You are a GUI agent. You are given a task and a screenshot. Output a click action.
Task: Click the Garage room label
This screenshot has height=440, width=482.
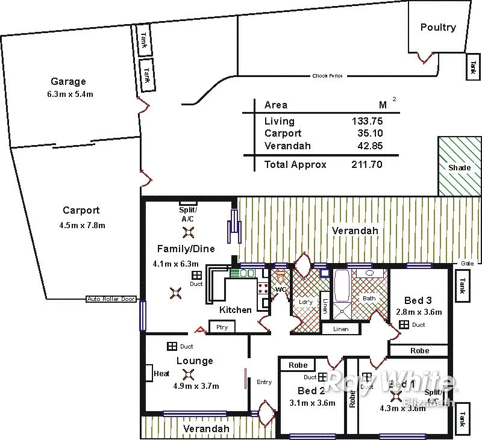coord(68,81)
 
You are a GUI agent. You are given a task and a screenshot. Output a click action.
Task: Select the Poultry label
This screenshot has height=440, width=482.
coord(438,27)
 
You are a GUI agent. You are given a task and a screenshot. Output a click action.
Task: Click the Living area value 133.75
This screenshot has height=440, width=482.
coord(368,121)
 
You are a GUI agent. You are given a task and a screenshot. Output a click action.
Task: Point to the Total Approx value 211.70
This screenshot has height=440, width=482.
coord(368,164)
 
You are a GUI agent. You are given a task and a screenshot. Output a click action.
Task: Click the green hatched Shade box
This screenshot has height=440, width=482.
coord(460,167)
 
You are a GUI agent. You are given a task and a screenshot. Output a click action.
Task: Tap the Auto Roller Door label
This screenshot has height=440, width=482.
coord(111,299)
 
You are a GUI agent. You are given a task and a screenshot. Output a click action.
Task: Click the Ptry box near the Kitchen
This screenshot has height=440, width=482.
coord(222,327)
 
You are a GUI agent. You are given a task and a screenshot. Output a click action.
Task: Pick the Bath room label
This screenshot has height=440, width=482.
coord(369,298)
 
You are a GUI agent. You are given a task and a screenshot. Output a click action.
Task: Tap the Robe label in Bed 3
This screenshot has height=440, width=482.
coord(419,350)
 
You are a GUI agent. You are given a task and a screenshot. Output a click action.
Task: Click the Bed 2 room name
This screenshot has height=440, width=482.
coord(311,391)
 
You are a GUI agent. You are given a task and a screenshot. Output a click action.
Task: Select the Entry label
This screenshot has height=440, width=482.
coord(264,382)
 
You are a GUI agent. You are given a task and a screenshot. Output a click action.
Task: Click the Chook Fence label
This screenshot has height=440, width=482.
coord(327,76)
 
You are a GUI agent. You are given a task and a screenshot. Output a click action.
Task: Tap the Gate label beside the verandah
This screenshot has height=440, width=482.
coord(468,264)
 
